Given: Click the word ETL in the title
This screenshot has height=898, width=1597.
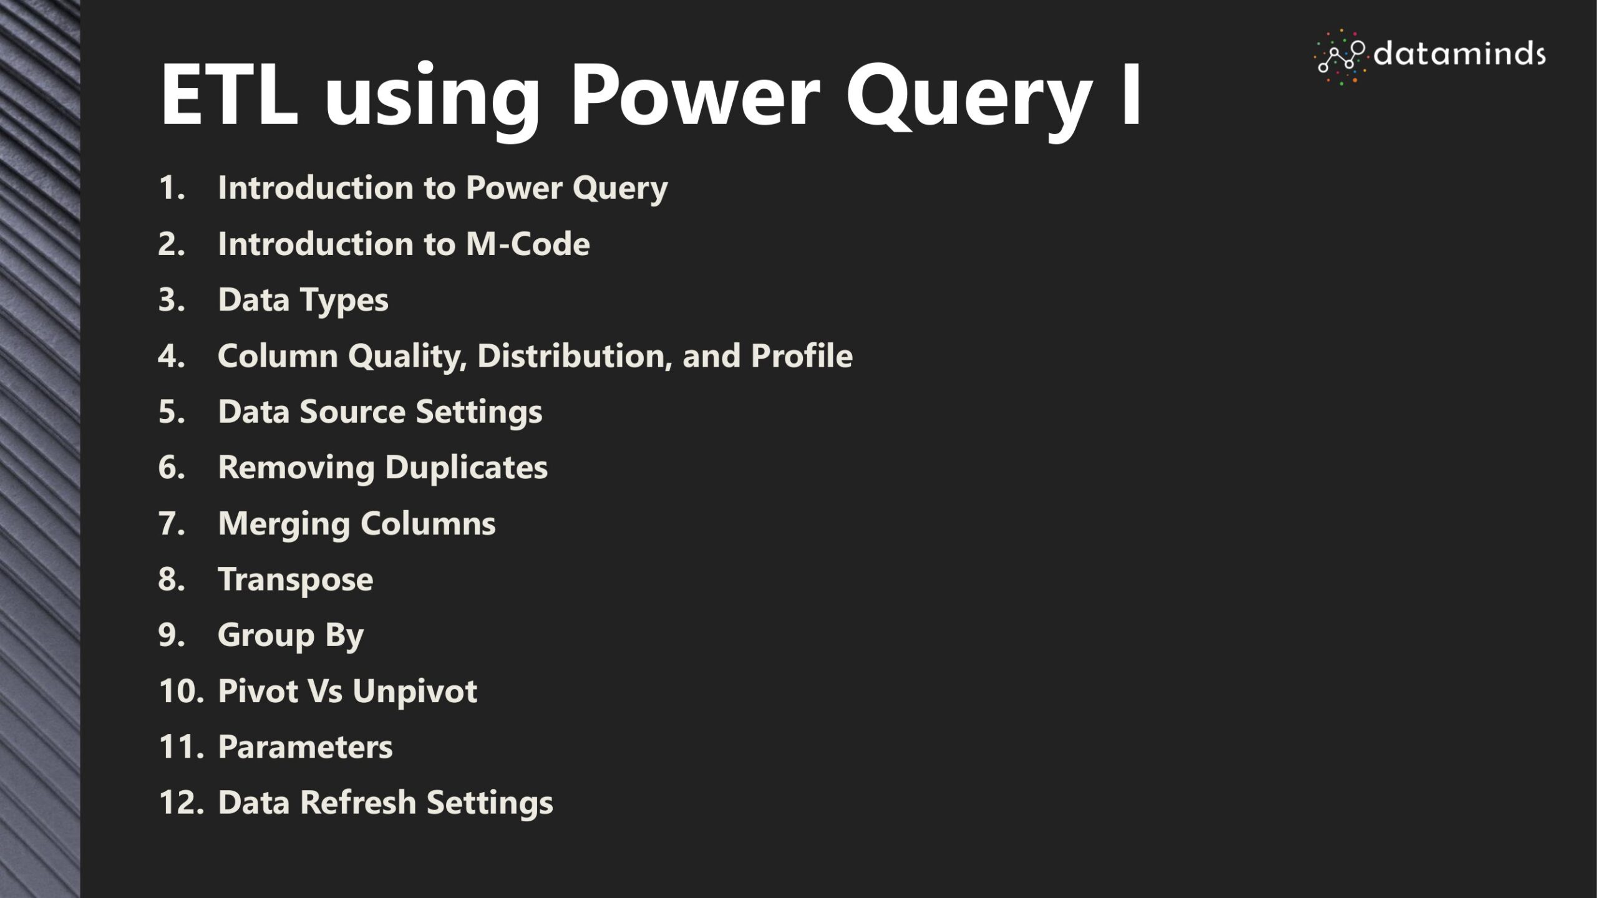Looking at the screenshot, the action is (229, 95).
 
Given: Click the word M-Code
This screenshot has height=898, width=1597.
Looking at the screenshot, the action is (528, 244).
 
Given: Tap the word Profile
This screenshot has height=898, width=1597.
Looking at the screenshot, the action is (802, 355).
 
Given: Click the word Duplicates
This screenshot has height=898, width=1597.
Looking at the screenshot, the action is (466, 468).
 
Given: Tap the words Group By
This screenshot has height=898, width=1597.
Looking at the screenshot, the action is (291, 636).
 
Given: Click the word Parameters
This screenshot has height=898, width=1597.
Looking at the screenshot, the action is (305, 747).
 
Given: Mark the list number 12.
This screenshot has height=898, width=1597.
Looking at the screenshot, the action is (181, 803).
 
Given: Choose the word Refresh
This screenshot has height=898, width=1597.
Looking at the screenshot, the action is (358, 803).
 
